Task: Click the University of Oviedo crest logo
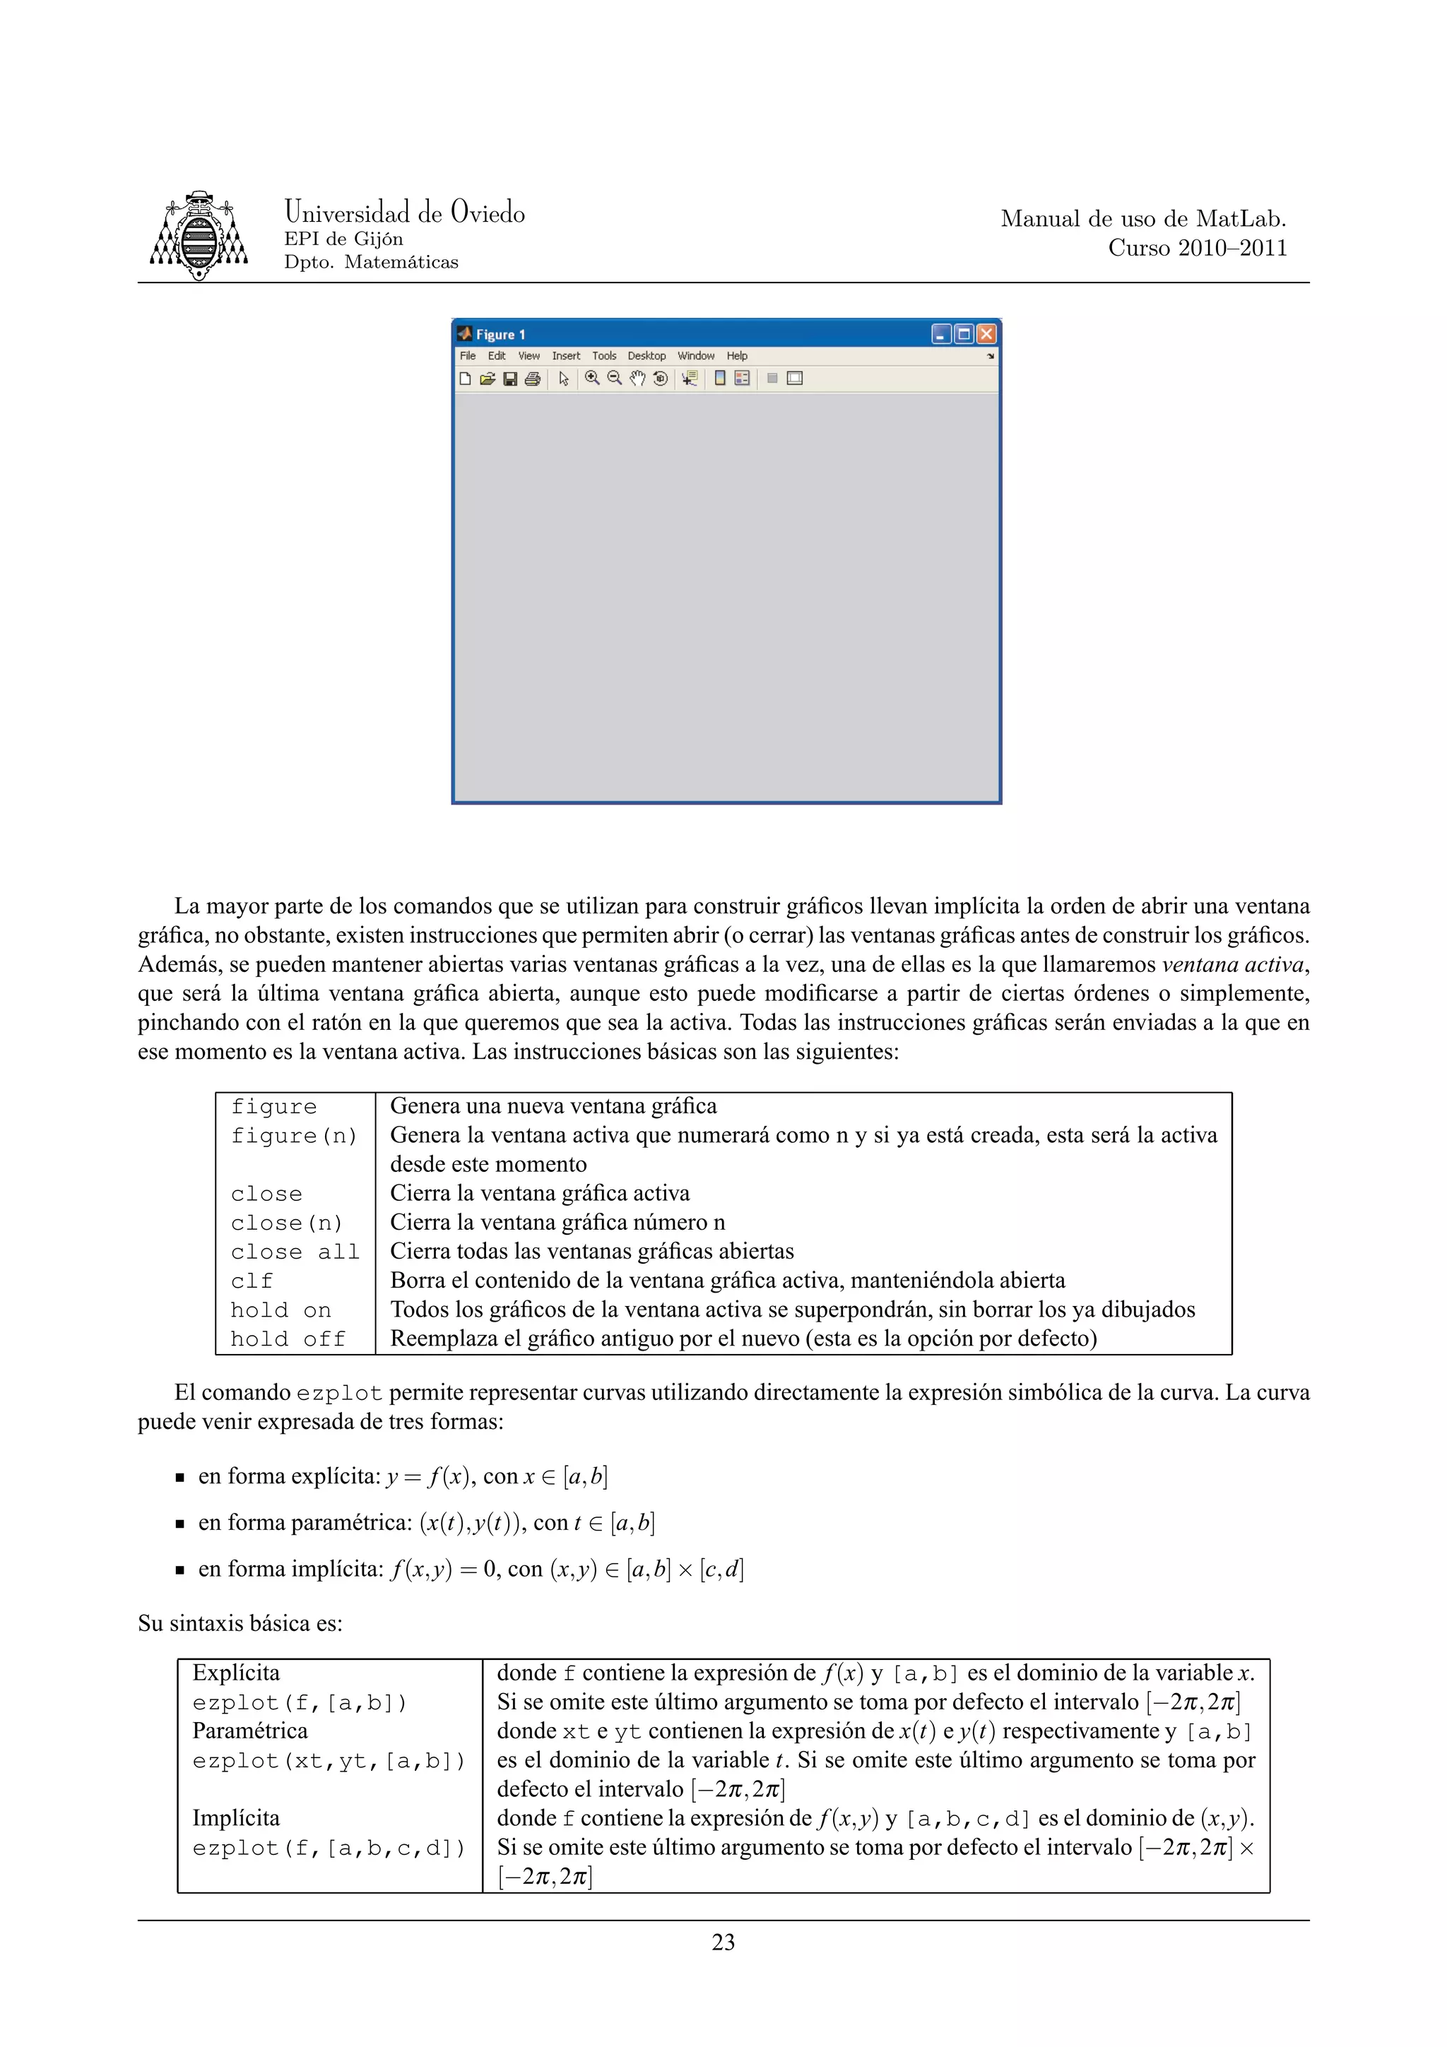(x=198, y=235)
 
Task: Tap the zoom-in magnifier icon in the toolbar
(x=591, y=378)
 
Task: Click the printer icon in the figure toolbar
(x=532, y=379)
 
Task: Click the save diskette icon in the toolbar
(x=510, y=379)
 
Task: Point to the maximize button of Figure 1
(x=963, y=333)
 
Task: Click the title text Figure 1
(x=500, y=334)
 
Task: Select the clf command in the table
(x=252, y=1281)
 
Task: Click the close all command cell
(x=294, y=1252)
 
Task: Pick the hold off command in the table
(x=287, y=1339)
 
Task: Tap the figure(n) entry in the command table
(x=293, y=1136)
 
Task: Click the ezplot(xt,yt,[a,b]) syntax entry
(x=328, y=1761)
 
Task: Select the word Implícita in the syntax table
(x=235, y=1818)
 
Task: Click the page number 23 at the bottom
(x=723, y=1942)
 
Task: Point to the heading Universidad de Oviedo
(x=404, y=212)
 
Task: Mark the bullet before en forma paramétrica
(x=179, y=1524)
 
